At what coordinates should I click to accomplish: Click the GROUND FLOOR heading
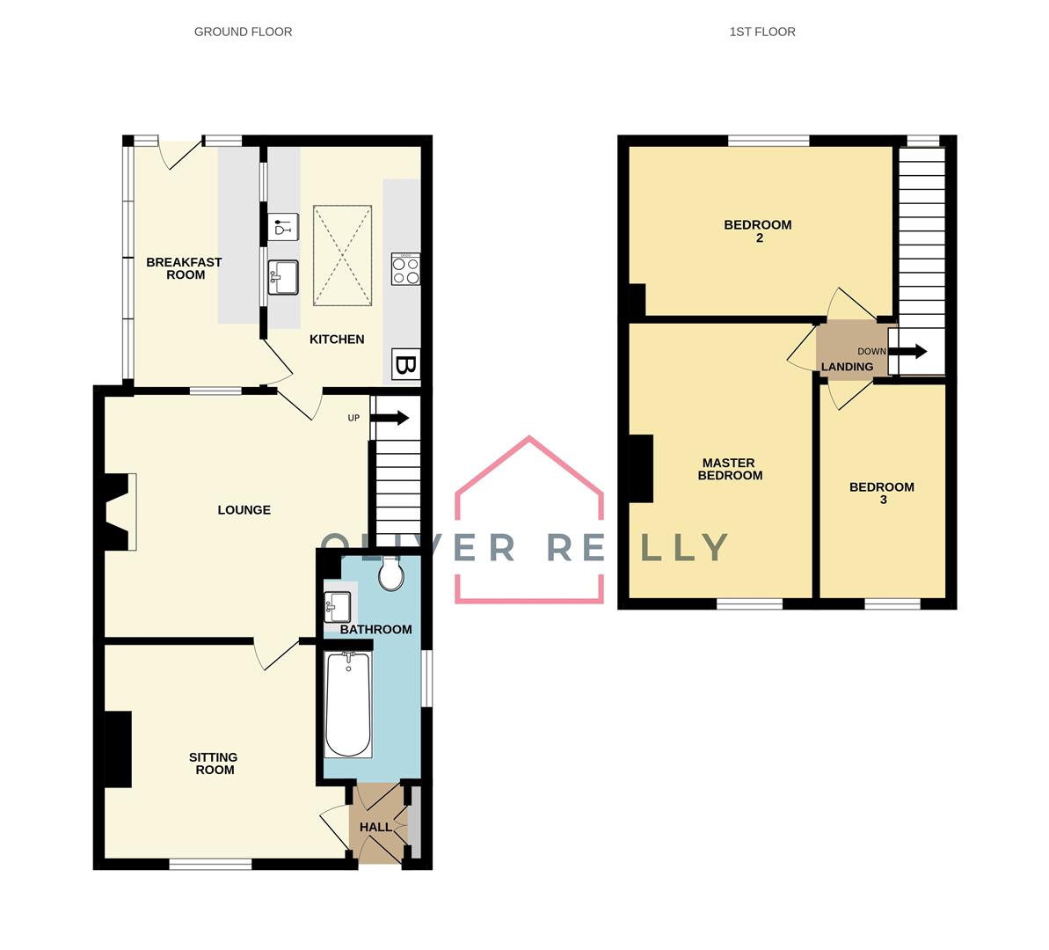pos(243,32)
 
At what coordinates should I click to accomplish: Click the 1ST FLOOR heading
pos(761,32)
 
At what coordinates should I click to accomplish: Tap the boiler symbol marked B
pos(405,364)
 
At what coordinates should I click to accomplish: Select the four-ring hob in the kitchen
pos(405,268)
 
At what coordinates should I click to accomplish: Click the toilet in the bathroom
pos(390,576)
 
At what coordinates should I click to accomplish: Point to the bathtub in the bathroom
pos(347,705)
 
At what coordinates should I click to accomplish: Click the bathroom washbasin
pos(337,606)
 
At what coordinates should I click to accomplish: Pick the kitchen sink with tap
pos(283,277)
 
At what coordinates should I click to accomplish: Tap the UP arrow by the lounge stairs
pos(392,418)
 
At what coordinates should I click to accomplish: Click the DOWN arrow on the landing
pos(910,352)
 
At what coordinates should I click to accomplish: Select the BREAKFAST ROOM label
pos(184,268)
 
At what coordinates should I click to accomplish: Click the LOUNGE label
pos(244,510)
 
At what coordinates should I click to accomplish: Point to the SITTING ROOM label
pos(214,764)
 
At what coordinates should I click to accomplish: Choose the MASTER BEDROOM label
pos(729,469)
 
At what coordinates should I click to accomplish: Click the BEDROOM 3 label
pos(882,493)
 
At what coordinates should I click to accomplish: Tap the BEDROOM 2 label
pos(757,230)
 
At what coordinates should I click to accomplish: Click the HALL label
pos(375,827)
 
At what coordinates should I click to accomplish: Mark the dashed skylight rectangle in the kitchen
pos(343,256)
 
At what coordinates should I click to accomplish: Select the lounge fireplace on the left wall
pos(120,512)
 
